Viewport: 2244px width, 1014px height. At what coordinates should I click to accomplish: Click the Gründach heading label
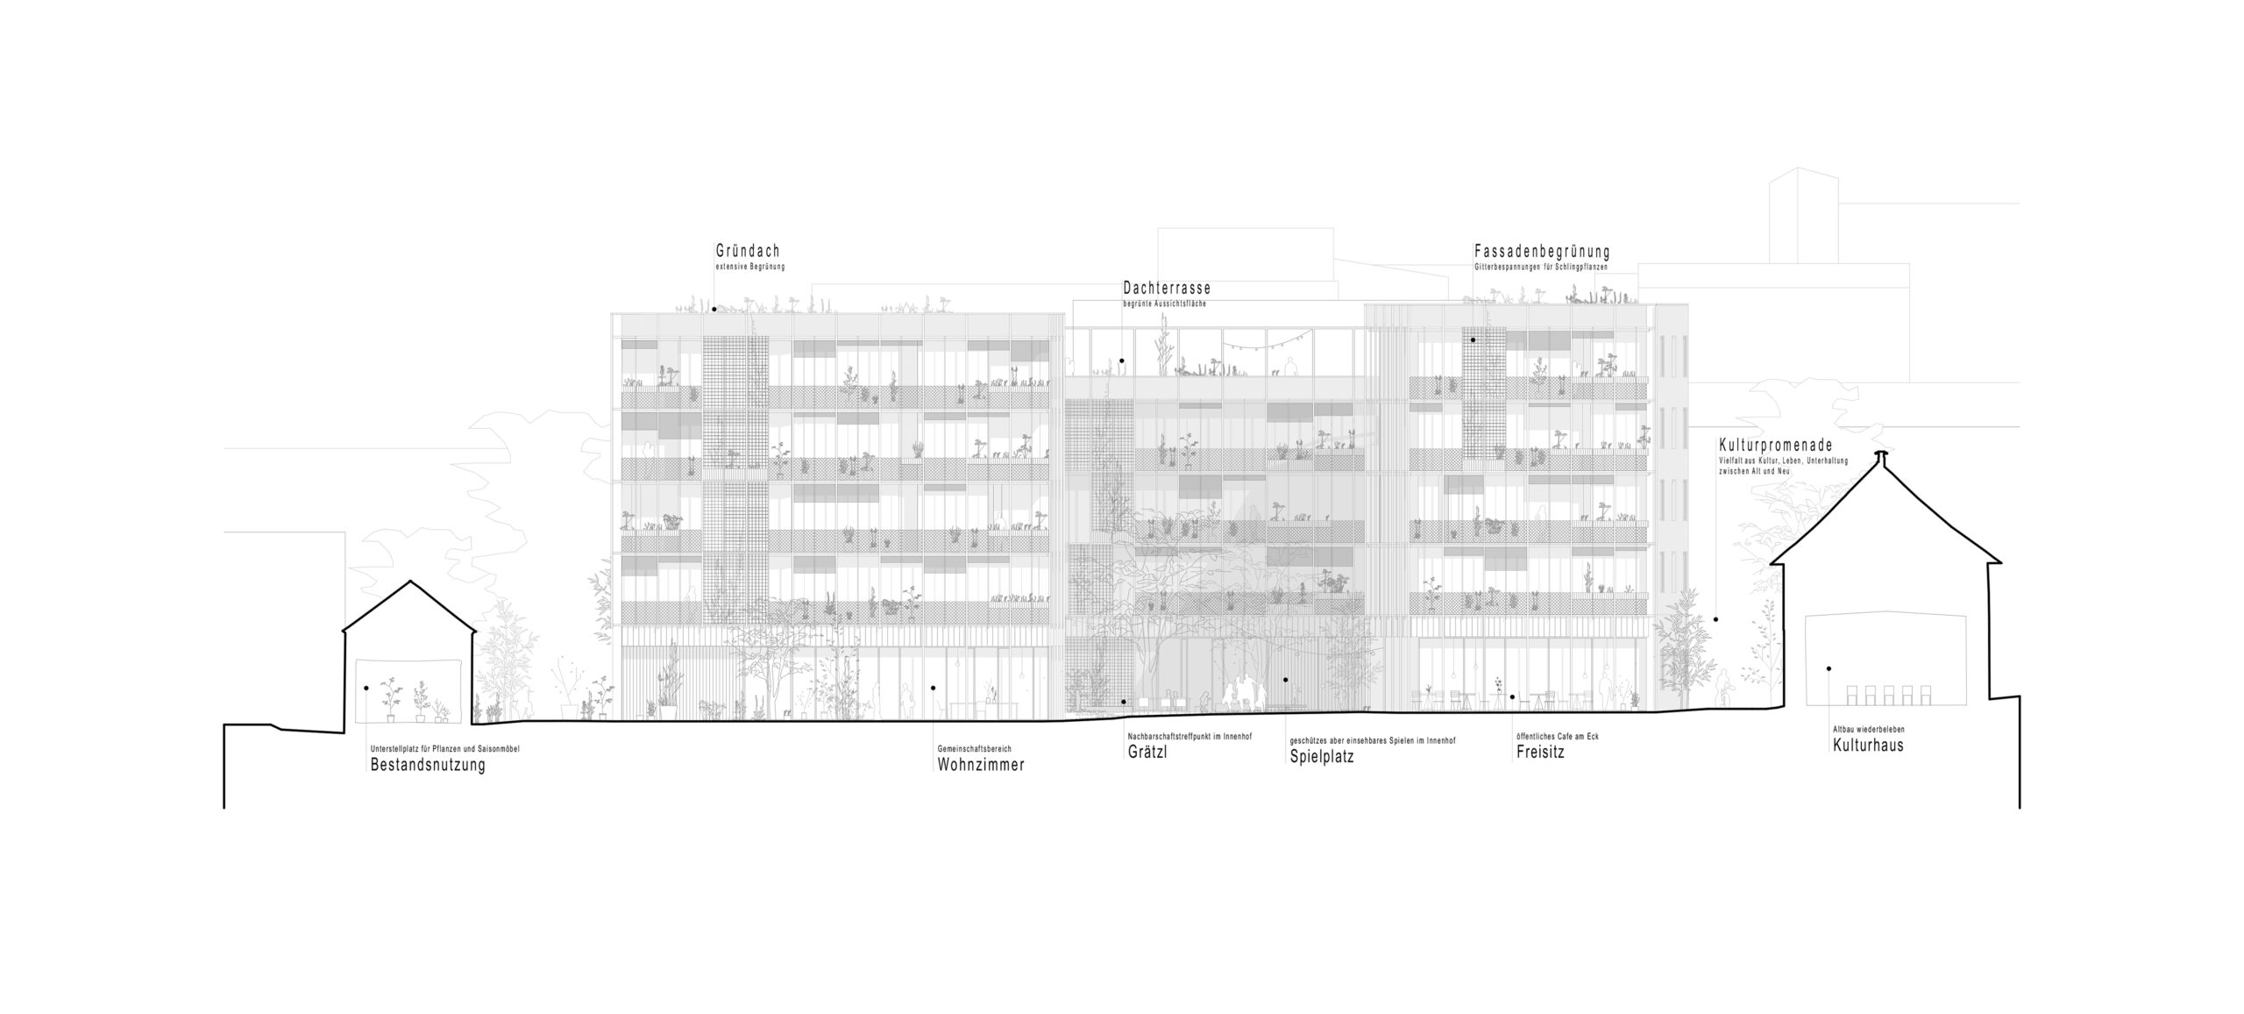[x=747, y=252]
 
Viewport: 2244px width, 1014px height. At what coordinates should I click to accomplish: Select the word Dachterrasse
[x=1167, y=289]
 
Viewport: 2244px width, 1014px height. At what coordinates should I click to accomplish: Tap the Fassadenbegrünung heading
[x=1541, y=253]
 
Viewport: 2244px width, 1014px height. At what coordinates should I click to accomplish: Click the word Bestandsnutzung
[x=428, y=765]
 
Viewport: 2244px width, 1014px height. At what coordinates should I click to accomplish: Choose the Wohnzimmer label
[x=980, y=765]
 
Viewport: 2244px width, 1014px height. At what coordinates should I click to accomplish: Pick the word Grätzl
[x=1147, y=752]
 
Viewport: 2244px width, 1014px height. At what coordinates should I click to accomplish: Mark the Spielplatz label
[x=1321, y=756]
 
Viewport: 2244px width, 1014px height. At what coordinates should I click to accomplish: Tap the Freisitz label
[x=1540, y=752]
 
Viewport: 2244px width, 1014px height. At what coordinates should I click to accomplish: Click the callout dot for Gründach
[x=714, y=309]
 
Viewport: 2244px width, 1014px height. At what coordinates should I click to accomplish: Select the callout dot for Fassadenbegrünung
[x=1473, y=339]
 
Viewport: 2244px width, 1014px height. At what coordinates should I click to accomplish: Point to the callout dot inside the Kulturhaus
[x=1829, y=668]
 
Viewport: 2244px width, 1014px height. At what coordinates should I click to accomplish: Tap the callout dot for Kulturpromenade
[x=1715, y=619]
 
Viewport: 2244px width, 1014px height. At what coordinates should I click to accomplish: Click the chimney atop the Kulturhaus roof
[x=1879, y=455]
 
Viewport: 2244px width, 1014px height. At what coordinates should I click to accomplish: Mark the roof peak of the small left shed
[x=408, y=582]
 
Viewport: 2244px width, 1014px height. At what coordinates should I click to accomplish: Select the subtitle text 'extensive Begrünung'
[x=749, y=266]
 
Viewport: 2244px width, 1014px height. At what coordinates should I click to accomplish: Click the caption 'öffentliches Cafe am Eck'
[x=1557, y=736]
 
